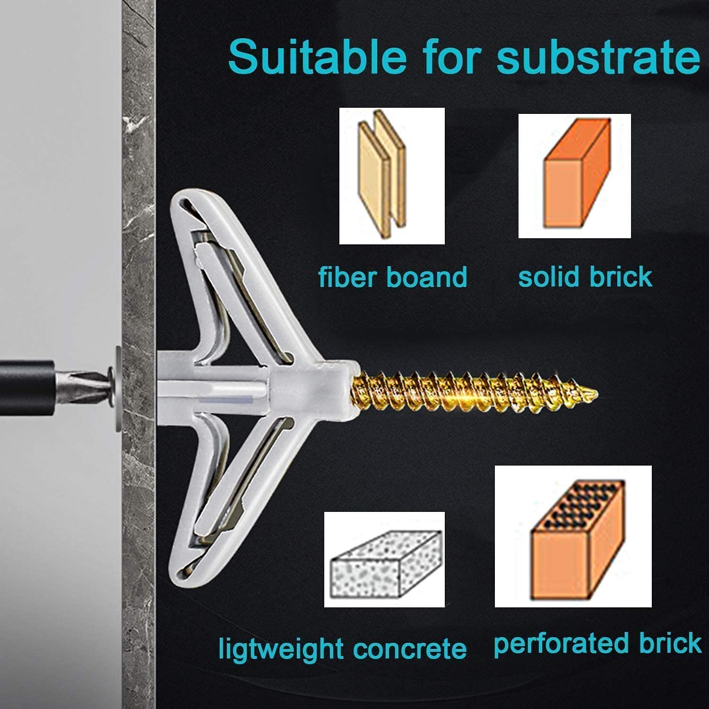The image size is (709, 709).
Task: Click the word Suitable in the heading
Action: [317, 57]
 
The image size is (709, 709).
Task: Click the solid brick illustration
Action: [574, 176]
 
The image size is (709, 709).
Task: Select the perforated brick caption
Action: [597, 644]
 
